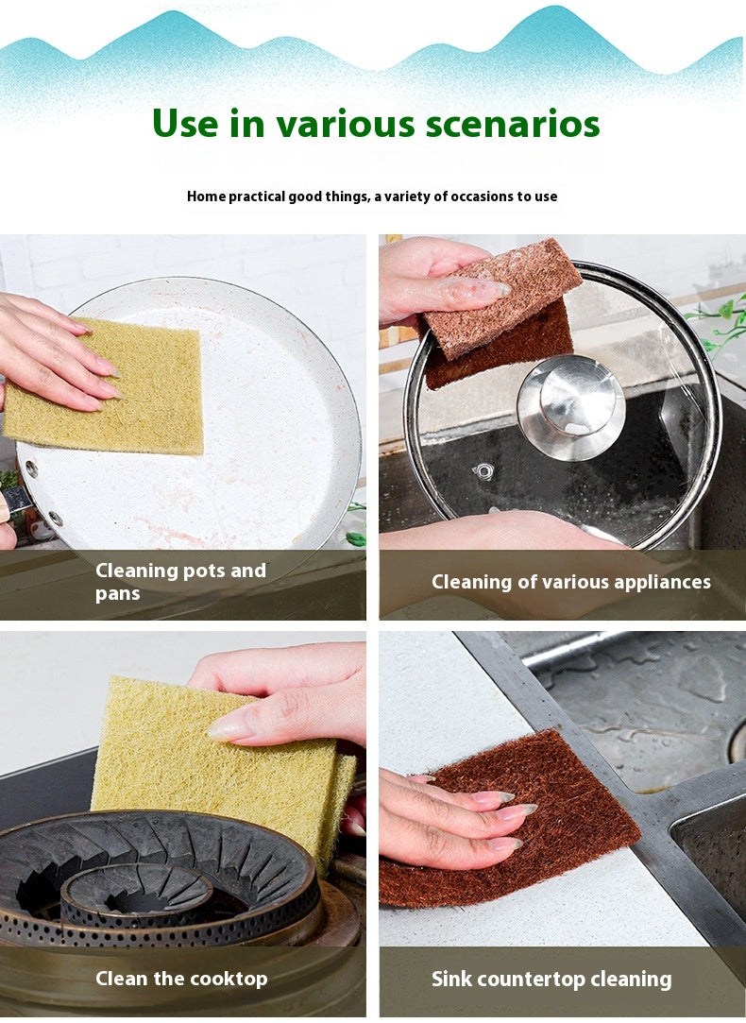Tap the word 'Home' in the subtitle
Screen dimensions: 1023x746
[206, 196]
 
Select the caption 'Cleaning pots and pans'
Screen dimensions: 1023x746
[180, 582]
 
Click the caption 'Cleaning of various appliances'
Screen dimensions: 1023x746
[570, 582]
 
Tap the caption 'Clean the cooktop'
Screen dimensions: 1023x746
[180, 978]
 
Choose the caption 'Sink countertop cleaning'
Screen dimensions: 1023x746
[551, 979]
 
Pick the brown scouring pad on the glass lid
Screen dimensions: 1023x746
[500, 312]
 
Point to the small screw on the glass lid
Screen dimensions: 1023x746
[484, 470]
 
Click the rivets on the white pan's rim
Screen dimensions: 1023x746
[42, 492]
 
